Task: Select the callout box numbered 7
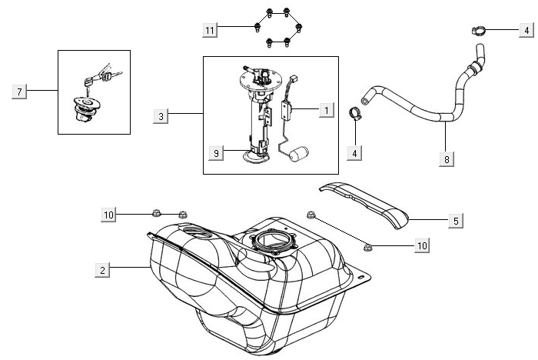pyautogui.click(x=21, y=92)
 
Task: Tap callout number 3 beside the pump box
pyautogui.click(x=161, y=116)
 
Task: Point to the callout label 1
pyautogui.click(x=326, y=111)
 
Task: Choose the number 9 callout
pyautogui.click(x=217, y=153)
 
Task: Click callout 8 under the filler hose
pyautogui.click(x=447, y=158)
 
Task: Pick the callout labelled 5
pyautogui.click(x=456, y=221)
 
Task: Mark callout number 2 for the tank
pyautogui.click(x=102, y=269)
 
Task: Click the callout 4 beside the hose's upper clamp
pyautogui.click(x=526, y=31)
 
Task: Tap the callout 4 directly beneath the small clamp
pyautogui.click(x=354, y=153)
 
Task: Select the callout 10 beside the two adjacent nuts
pyautogui.click(x=108, y=215)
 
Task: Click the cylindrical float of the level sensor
pyautogui.click(x=299, y=159)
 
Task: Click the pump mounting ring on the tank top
pyautogui.click(x=273, y=241)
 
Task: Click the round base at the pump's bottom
pyautogui.click(x=256, y=158)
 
